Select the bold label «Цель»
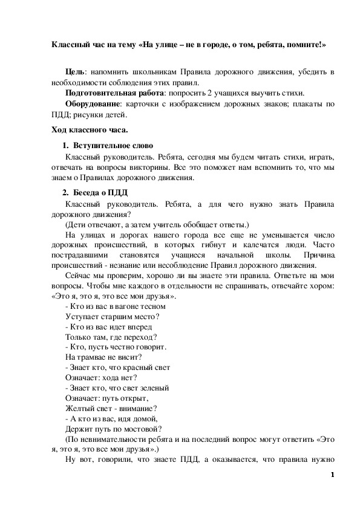75,72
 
